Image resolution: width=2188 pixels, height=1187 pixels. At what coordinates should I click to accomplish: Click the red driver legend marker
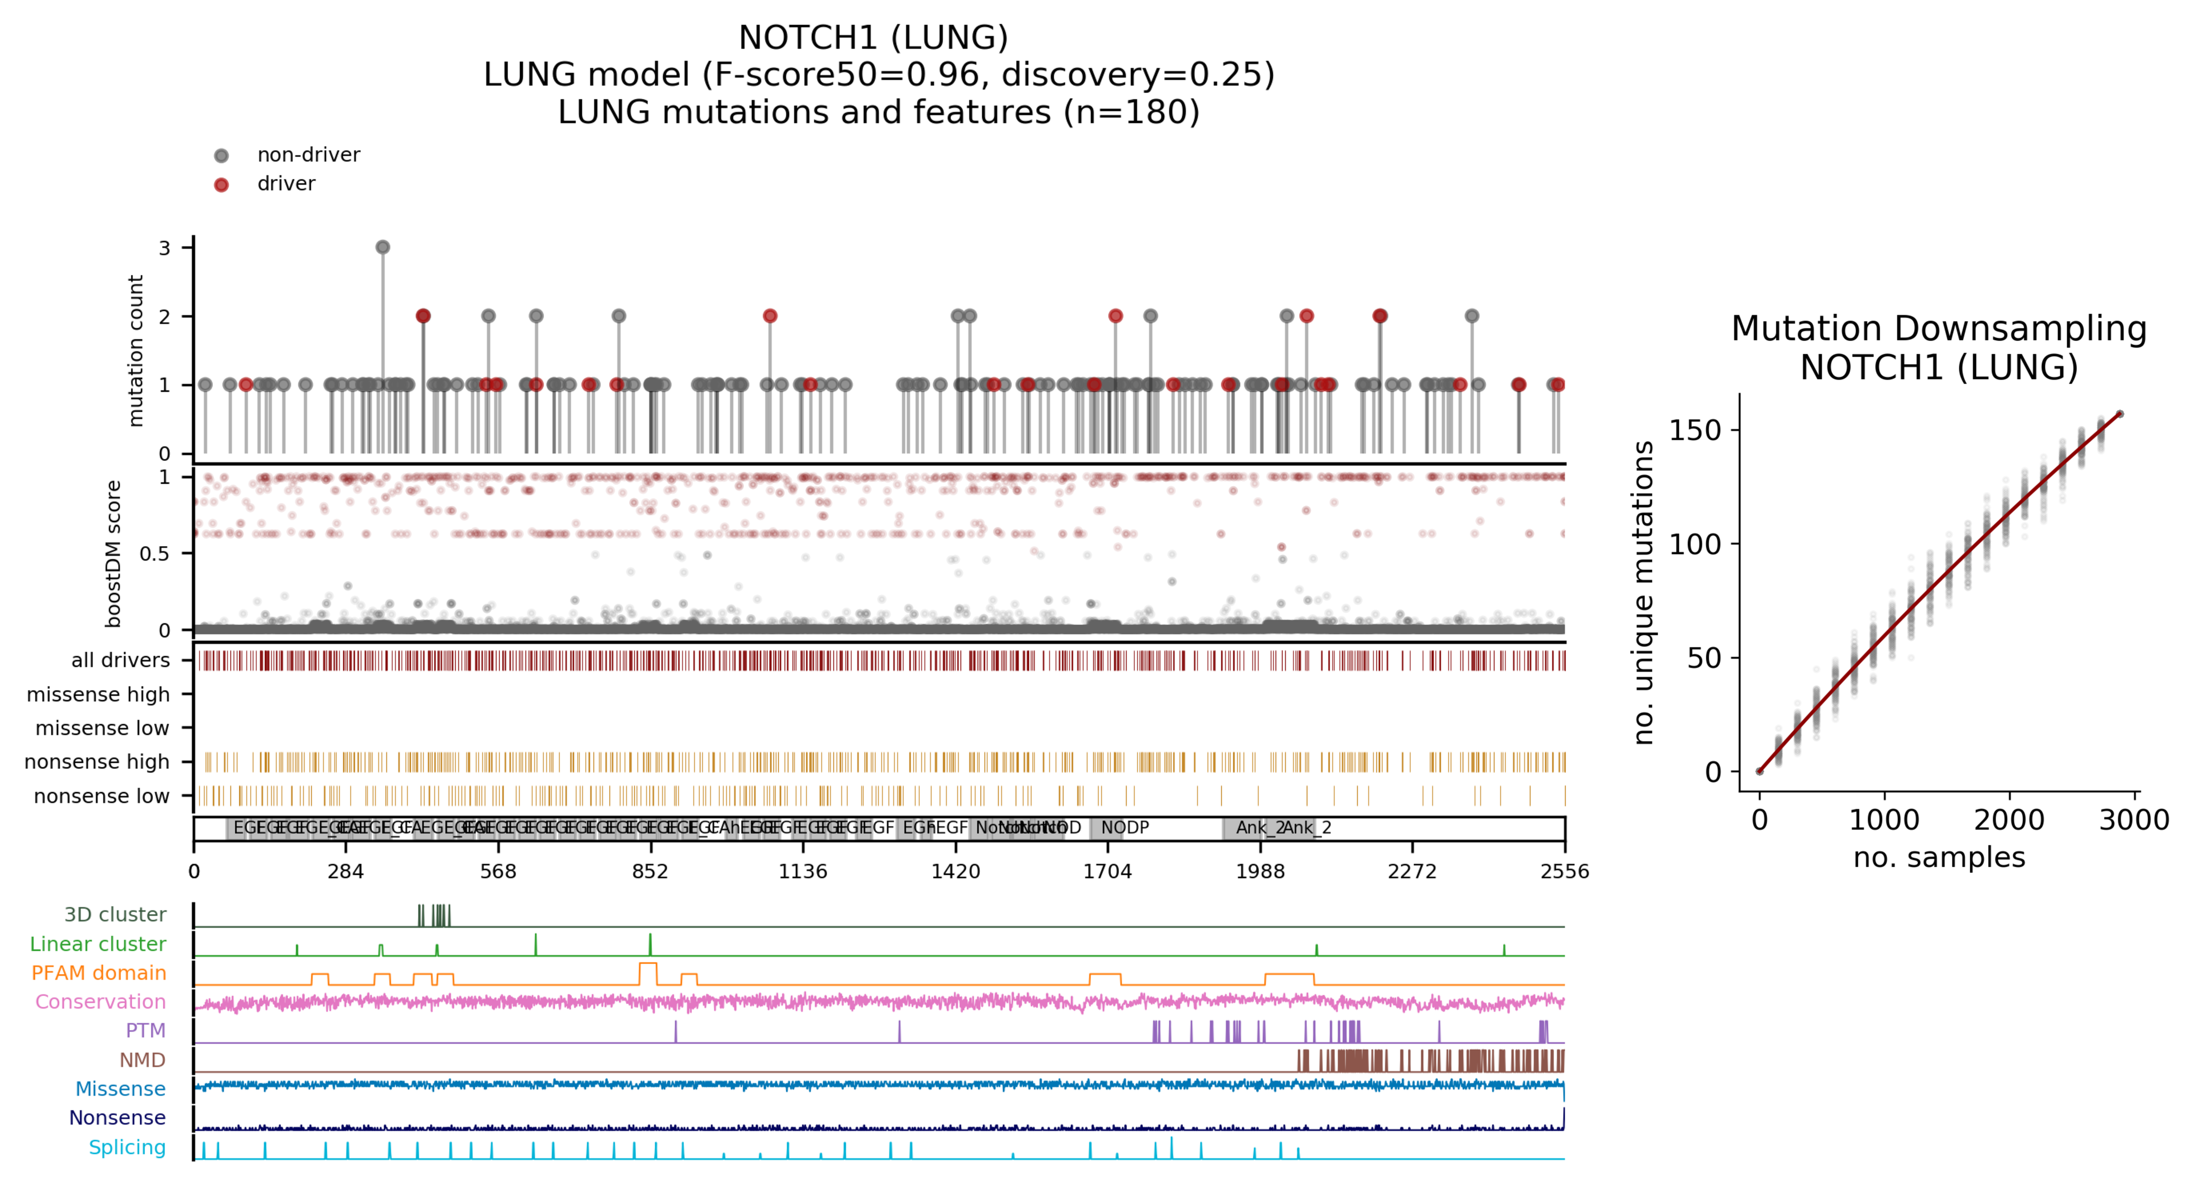point(221,184)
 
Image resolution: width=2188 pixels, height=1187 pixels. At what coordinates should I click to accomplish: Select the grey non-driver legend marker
point(221,155)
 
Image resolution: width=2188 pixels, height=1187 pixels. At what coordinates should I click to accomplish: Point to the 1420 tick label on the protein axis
point(955,871)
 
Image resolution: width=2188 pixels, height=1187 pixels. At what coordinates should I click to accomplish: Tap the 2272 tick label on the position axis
point(1412,871)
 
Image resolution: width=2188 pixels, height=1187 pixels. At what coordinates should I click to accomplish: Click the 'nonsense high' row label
point(97,762)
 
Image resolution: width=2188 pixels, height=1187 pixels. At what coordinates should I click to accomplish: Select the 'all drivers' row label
point(120,660)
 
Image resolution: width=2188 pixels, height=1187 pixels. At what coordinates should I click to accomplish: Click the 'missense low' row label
point(102,728)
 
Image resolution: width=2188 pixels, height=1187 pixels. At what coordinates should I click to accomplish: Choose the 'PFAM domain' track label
point(99,973)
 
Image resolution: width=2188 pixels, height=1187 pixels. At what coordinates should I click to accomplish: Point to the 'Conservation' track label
point(100,1002)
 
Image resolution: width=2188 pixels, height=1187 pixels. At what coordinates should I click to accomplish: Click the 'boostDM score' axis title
point(113,554)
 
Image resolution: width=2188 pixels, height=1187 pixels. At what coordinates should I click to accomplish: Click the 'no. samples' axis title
point(1939,857)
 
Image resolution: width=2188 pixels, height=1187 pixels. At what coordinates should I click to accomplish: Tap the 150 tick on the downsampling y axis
point(1694,431)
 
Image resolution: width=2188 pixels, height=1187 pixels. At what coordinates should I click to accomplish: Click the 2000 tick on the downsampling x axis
point(2009,820)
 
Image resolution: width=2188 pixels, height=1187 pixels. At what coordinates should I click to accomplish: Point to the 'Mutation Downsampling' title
point(1939,329)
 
